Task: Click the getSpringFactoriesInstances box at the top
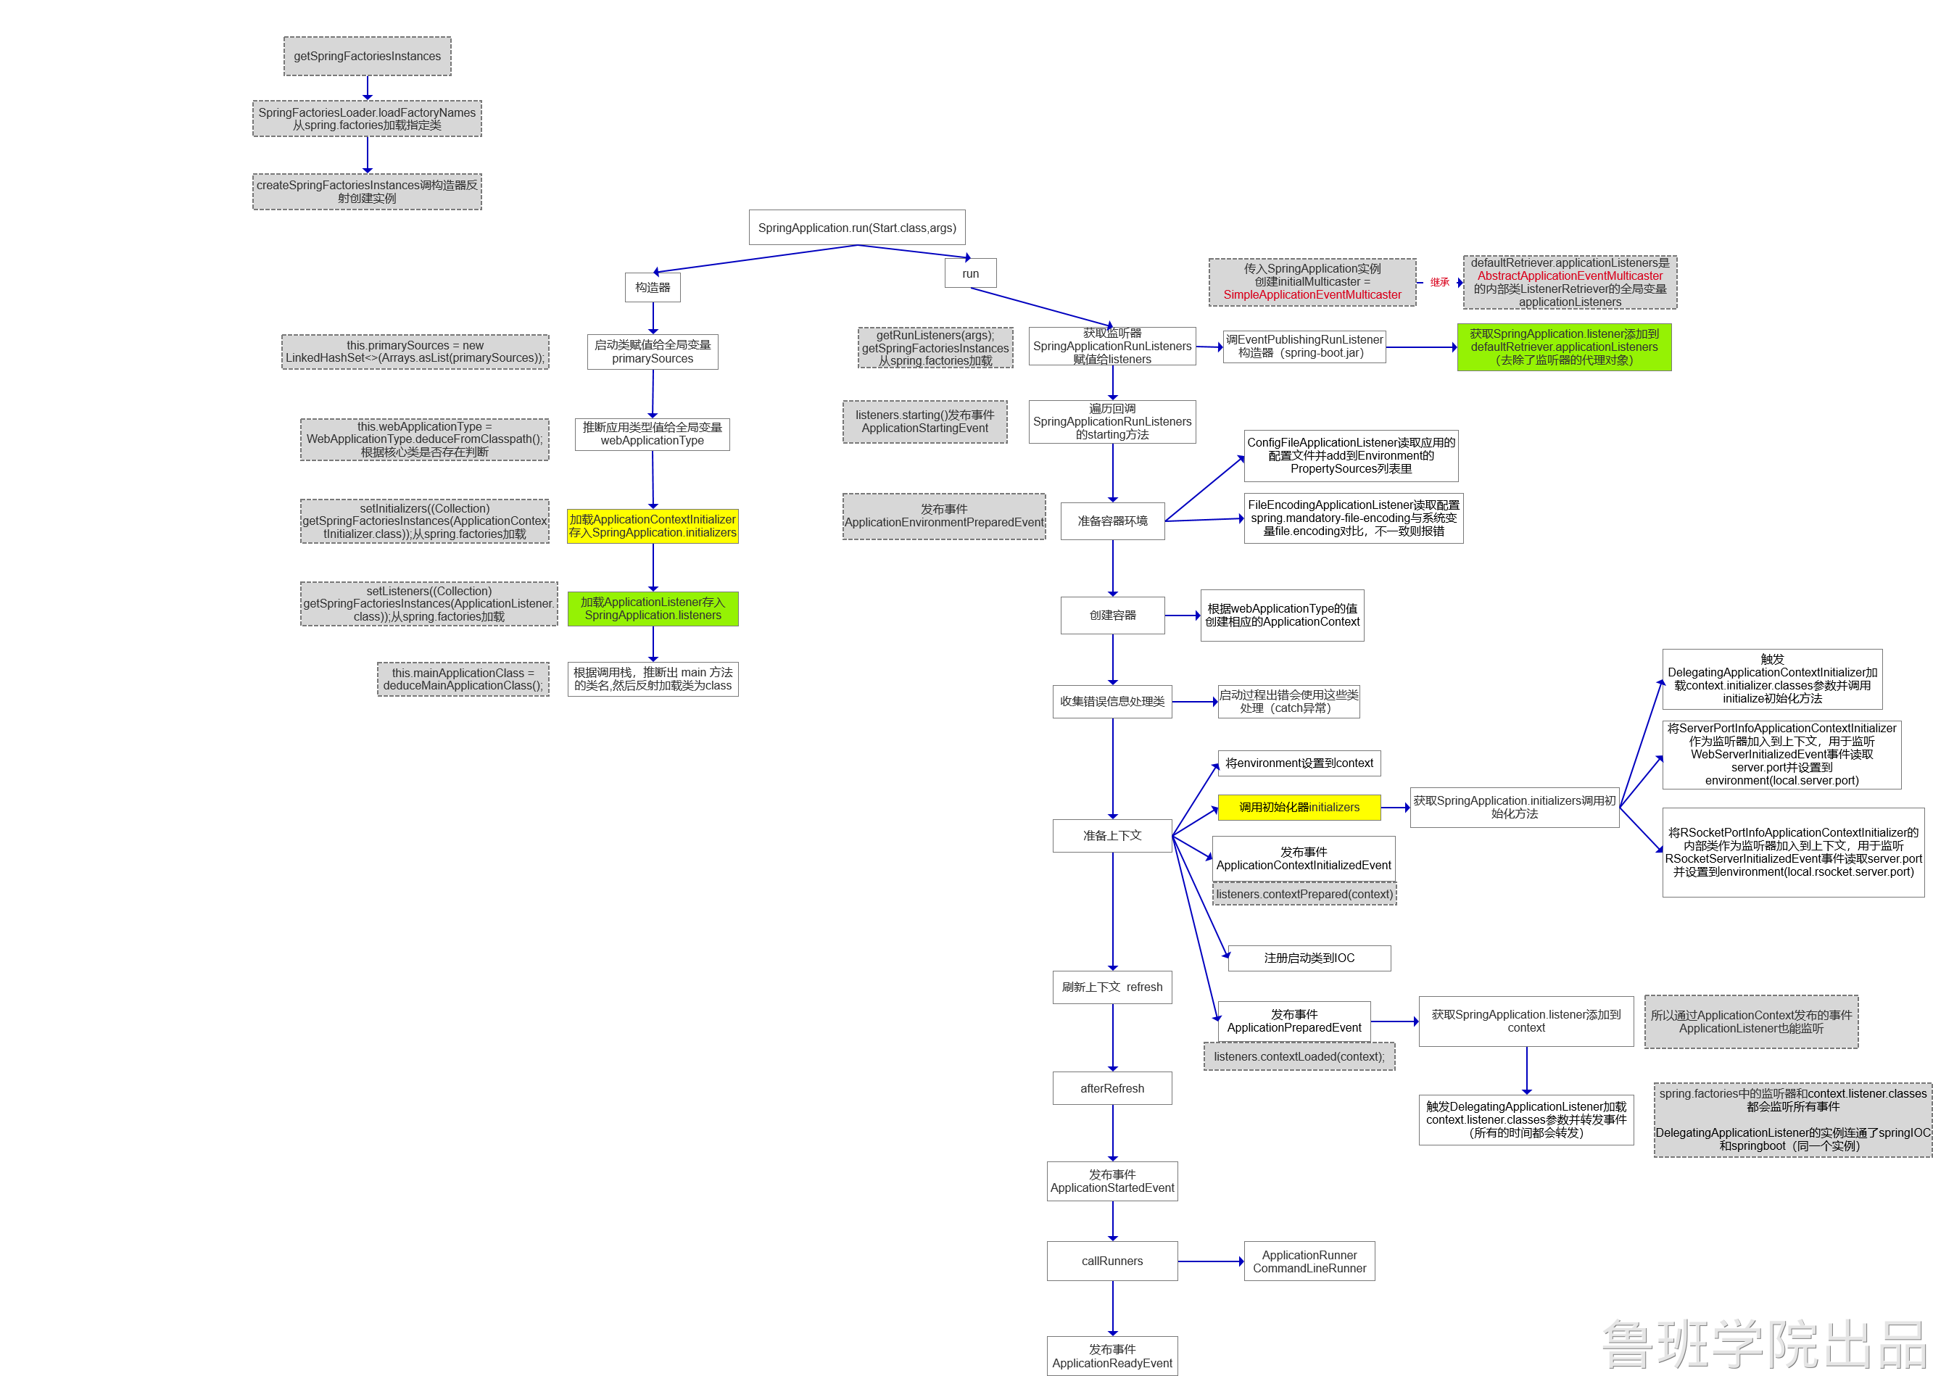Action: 367,56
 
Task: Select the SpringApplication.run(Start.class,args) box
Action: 857,227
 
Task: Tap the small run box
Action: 970,273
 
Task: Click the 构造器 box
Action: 653,287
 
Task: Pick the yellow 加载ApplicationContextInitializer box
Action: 653,526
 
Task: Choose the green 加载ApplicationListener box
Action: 653,608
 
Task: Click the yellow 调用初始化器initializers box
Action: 1299,808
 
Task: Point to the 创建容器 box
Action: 1112,615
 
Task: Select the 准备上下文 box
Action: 1112,835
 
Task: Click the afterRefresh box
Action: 1112,1088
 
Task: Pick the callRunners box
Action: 1112,1261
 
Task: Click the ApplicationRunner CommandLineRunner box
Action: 1309,1261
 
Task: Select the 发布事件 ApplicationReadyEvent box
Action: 1112,1356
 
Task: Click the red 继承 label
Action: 1439,282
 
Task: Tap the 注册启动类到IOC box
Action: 1309,958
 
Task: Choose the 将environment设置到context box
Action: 1299,763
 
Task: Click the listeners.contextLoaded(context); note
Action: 1299,1056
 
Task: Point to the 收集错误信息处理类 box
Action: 1112,702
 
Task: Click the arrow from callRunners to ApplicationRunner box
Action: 1210,1261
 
